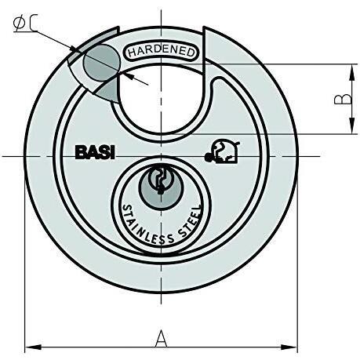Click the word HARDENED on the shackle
coord(162,51)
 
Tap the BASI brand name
coord(95,153)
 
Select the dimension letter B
coord(343,99)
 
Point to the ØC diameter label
coord(25,23)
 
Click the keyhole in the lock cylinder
coord(160,180)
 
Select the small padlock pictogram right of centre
coord(222,151)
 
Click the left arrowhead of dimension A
coord(33,347)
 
